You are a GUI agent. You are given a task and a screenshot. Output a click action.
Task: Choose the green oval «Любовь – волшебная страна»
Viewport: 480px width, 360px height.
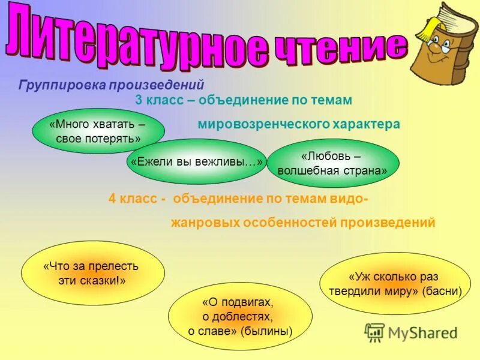[x=332, y=163]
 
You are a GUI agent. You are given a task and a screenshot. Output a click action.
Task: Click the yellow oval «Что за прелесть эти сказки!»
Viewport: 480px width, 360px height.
[x=84, y=273]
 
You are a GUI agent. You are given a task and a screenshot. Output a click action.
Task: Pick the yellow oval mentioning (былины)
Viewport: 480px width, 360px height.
[x=240, y=316]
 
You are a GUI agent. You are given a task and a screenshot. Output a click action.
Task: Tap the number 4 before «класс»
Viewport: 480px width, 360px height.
[x=112, y=199]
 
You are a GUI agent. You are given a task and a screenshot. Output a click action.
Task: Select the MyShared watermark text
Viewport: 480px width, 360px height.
[x=422, y=332]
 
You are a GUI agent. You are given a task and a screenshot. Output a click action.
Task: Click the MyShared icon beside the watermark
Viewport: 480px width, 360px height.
[x=375, y=332]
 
